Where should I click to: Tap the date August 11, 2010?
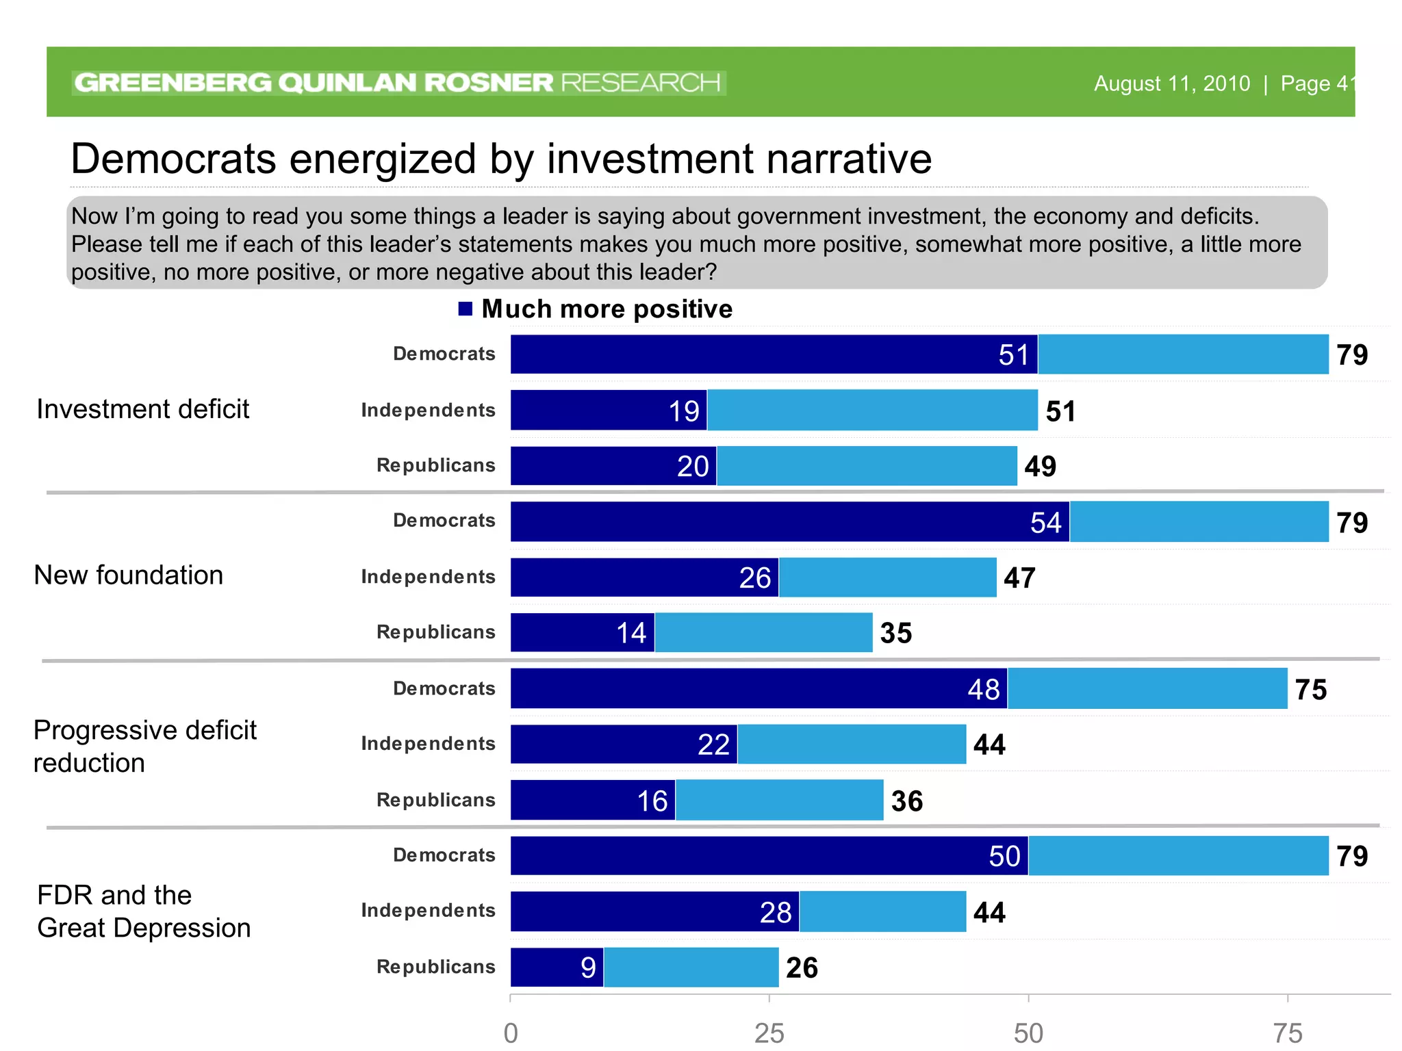point(1171,83)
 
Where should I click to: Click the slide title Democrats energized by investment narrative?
point(501,159)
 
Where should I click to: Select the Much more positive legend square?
point(466,309)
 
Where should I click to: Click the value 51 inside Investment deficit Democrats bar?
point(1013,355)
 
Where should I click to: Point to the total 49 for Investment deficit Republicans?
point(1040,467)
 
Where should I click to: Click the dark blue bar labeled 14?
point(582,633)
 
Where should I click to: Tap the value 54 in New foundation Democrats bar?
point(1045,523)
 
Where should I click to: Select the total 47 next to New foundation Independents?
point(1019,578)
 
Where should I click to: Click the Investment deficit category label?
point(142,409)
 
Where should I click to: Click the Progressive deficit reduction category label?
point(144,747)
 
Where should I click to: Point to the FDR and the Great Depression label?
point(144,911)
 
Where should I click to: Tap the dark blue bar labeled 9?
point(557,968)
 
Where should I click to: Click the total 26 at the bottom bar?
point(802,968)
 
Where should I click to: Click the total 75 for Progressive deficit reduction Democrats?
point(1310,690)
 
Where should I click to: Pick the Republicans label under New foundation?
point(435,632)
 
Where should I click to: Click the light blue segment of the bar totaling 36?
point(779,801)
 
